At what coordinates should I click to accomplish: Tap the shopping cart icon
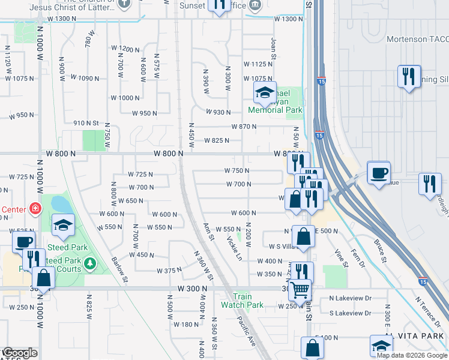pos(300,290)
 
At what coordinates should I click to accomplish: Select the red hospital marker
pos(36,209)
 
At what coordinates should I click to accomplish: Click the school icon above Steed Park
pos(63,225)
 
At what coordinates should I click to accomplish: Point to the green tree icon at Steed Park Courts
pos(89,263)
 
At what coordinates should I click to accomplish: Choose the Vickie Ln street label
pos(234,247)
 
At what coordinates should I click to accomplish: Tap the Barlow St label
pos(119,269)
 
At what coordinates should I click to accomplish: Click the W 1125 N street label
pos(258,64)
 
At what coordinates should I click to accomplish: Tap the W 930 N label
pos(218,112)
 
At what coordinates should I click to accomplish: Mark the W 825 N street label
pos(217,141)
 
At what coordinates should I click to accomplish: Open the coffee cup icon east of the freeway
pos(378,172)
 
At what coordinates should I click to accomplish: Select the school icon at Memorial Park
pos(264,93)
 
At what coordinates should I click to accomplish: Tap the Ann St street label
pos(208,232)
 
